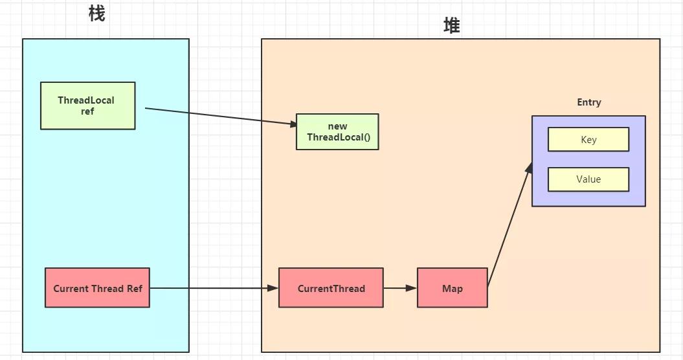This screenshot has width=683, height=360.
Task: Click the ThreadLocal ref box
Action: point(87,106)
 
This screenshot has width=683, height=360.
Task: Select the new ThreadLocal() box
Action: point(337,132)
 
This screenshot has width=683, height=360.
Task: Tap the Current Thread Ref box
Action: point(97,288)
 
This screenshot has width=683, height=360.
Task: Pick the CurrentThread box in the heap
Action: point(331,288)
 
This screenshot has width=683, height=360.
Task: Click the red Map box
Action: point(452,288)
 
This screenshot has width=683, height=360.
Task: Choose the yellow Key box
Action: point(588,140)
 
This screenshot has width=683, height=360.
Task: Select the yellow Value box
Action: point(588,179)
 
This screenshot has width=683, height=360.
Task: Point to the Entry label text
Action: point(588,102)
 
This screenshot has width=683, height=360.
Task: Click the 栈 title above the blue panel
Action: point(96,14)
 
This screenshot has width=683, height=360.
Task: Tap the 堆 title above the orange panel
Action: point(451,25)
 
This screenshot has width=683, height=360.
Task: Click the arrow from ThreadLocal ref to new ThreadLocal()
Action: point(220,117)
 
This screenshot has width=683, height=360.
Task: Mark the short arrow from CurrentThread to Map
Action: point(398,288)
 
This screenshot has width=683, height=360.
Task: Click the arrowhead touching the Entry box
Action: point(529,168)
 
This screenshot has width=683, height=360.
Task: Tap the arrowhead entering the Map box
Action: point(412,288)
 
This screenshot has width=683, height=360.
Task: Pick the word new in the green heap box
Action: point(337,126)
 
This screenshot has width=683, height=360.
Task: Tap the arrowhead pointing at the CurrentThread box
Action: point(273,288)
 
